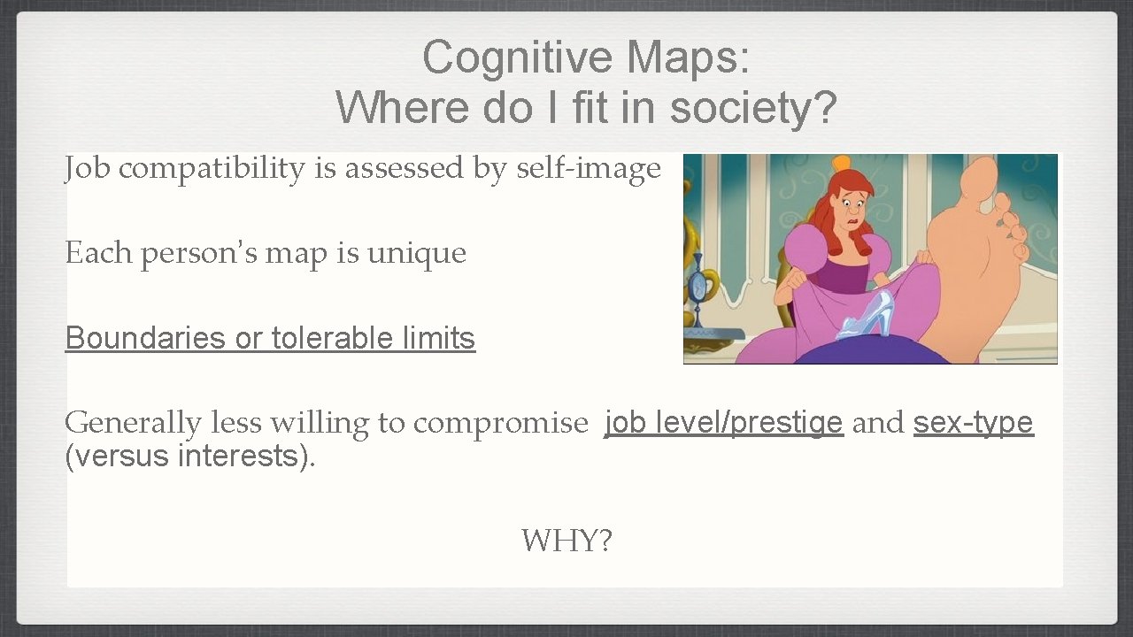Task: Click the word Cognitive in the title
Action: point(518,58)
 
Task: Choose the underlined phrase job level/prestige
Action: point(723,422)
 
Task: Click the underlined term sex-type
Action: point(973,422)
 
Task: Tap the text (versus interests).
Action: point(190,457)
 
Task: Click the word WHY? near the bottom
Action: point(566,540)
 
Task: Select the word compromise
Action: point(500,423)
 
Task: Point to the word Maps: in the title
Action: point(689,58)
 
